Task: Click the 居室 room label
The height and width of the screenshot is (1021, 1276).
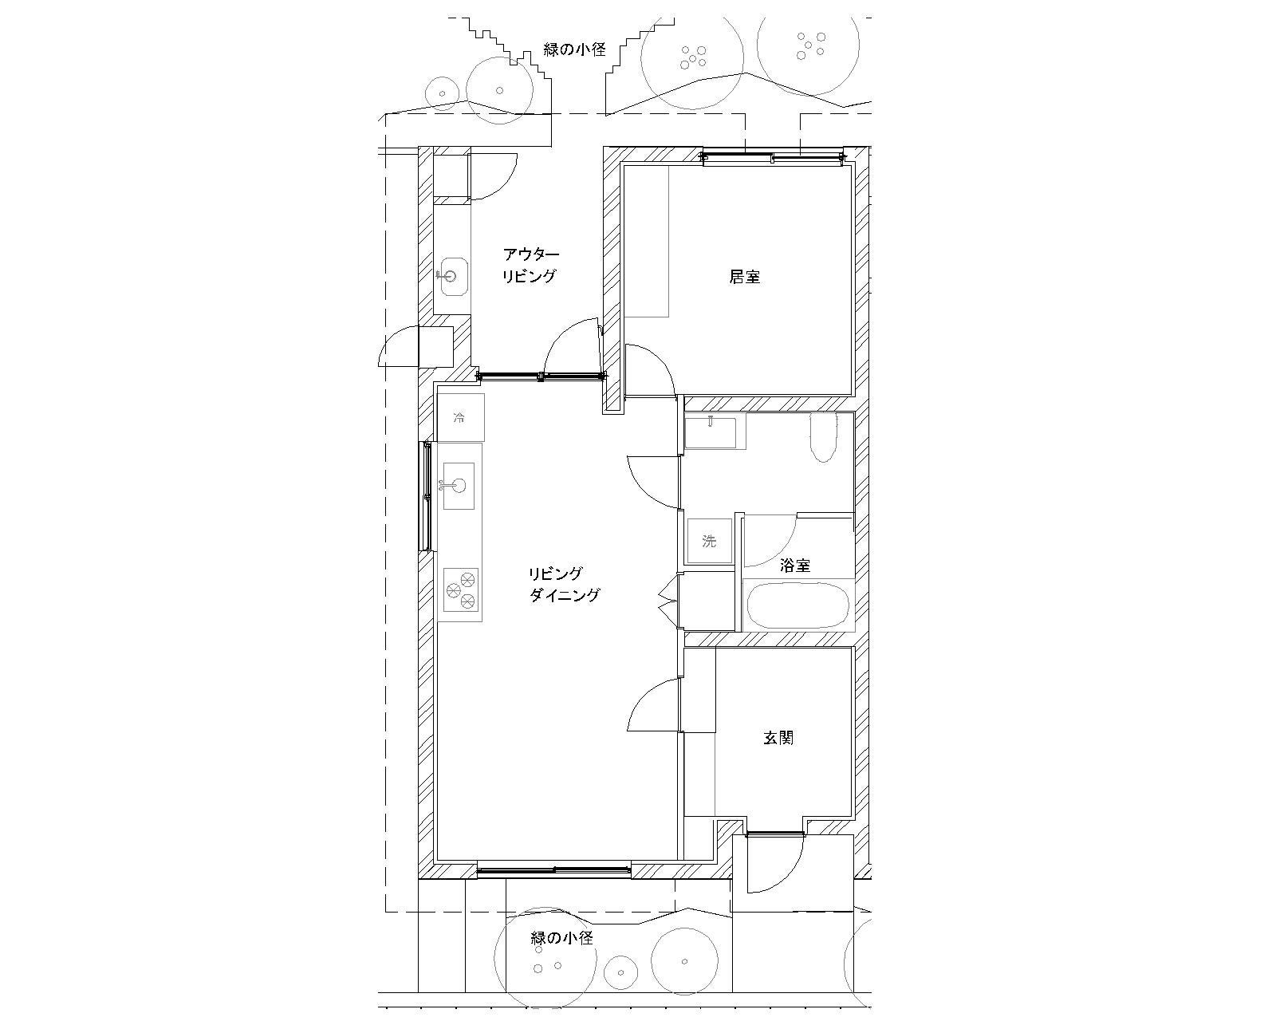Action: pyautogui.click(x=744, y=277)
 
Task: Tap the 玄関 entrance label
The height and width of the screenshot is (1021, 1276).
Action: pyautogui.click(x=778, y=738)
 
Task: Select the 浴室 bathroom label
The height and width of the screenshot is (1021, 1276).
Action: pyautogui.click(x=795, y=566)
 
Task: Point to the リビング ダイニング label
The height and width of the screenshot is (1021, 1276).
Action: pyautogui.click(x=564, y=585)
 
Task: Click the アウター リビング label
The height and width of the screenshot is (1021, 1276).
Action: pyautogui.click(x=530, y=265)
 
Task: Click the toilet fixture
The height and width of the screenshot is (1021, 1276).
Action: pyautogui.click(x=824, y=438)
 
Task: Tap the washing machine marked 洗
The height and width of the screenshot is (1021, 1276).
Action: pyautogui.click(x=709, y=541)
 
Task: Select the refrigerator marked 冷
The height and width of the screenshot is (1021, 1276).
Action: pyautogui.click(x=460, y=417)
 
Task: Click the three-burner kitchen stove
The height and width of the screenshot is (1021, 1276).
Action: pyautogui.click(x=461, y=589)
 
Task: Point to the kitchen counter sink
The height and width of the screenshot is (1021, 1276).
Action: pyautogui.click(x=459, y=486)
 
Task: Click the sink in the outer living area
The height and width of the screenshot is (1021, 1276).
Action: pyautogui.click(x=454, y=276)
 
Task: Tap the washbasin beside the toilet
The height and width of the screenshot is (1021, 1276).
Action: pyautogui.click(x=711, y=432)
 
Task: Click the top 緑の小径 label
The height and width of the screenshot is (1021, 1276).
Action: pyautogui.click(x=574, y=49)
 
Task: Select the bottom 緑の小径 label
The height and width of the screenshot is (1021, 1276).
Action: pyautogui.click(x=561, y=938)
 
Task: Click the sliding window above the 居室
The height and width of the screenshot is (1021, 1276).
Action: pyautogui.click(x=773, y=157)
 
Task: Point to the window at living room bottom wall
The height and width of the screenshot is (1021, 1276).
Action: pyautogui.click(x=554, y=870)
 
